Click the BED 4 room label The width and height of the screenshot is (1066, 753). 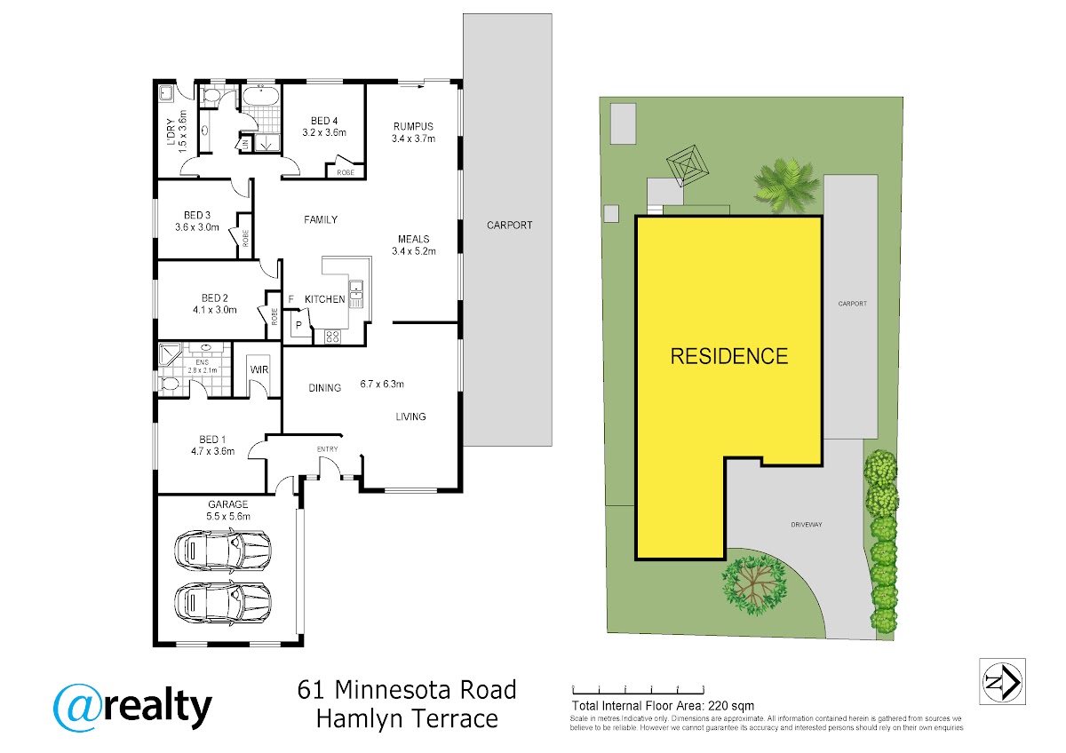pos(324,122)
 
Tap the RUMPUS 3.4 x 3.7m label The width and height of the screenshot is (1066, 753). pos(413,132)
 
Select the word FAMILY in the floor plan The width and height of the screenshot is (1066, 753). pos(321,219)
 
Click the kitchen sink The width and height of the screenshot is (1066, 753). pos(356,294)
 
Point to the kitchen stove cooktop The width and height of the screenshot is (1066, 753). pos(332,337)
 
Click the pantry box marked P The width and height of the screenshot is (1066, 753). pos(298,325)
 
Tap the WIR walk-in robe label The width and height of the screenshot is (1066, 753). pos(259,369)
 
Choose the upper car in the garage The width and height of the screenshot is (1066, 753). pos(223,551)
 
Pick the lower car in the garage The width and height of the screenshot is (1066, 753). pos(223,603)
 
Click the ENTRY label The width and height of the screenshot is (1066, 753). pos(328,449)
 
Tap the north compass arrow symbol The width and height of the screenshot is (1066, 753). pos(1002,682)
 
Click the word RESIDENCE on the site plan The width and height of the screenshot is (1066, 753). pos(729,356)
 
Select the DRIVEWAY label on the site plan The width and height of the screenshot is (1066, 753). pos(807,525)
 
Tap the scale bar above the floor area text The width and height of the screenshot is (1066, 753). pos(638,690)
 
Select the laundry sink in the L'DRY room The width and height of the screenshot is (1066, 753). pos(166,93)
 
